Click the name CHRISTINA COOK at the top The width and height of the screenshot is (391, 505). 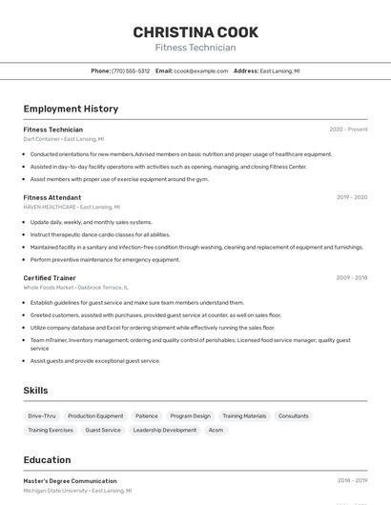coord(195,32)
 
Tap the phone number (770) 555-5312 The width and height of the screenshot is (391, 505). coord(131,71)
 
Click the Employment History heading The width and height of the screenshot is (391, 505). coord(71,109)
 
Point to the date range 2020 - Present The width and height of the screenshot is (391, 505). coord(348,130)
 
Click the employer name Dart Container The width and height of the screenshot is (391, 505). coord(42,139)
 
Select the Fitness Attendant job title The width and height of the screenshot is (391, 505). coord(52,197)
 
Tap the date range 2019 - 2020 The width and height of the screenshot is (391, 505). coord(351,197)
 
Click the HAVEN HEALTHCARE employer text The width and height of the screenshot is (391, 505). coord(50,207)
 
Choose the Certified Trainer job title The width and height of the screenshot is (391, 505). coord(50,278)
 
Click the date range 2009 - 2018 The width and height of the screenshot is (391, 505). coord(351,278)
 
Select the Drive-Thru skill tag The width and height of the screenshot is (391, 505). coord(42,415)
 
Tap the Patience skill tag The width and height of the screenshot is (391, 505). coord(147,415)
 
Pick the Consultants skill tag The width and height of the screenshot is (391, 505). coord(294,415)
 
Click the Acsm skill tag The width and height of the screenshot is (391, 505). coord(216,430)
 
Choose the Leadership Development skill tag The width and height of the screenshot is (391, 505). coord(165,430)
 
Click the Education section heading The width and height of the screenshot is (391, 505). coord(47,460)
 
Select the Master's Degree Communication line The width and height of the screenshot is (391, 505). coord(71,481)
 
